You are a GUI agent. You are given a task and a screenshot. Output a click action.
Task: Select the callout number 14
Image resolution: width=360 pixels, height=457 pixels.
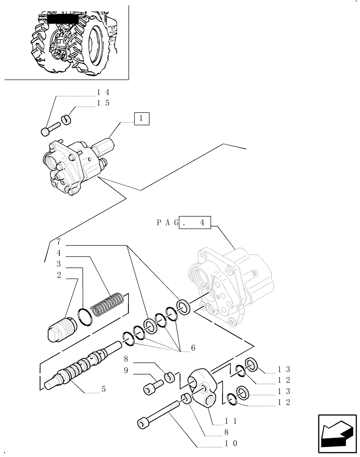[103, 93]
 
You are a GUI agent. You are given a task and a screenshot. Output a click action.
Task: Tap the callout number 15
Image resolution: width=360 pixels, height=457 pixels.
[103, 103]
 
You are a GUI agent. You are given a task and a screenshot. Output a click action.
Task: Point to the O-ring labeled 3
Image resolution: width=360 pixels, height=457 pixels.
[85, 316]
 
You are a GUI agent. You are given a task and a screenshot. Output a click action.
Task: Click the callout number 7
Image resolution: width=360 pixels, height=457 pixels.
[59, 241]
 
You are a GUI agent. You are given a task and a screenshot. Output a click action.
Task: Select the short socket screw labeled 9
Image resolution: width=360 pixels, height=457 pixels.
[152, 388]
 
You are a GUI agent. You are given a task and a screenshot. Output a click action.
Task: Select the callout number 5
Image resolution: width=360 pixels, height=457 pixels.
[103, 390]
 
